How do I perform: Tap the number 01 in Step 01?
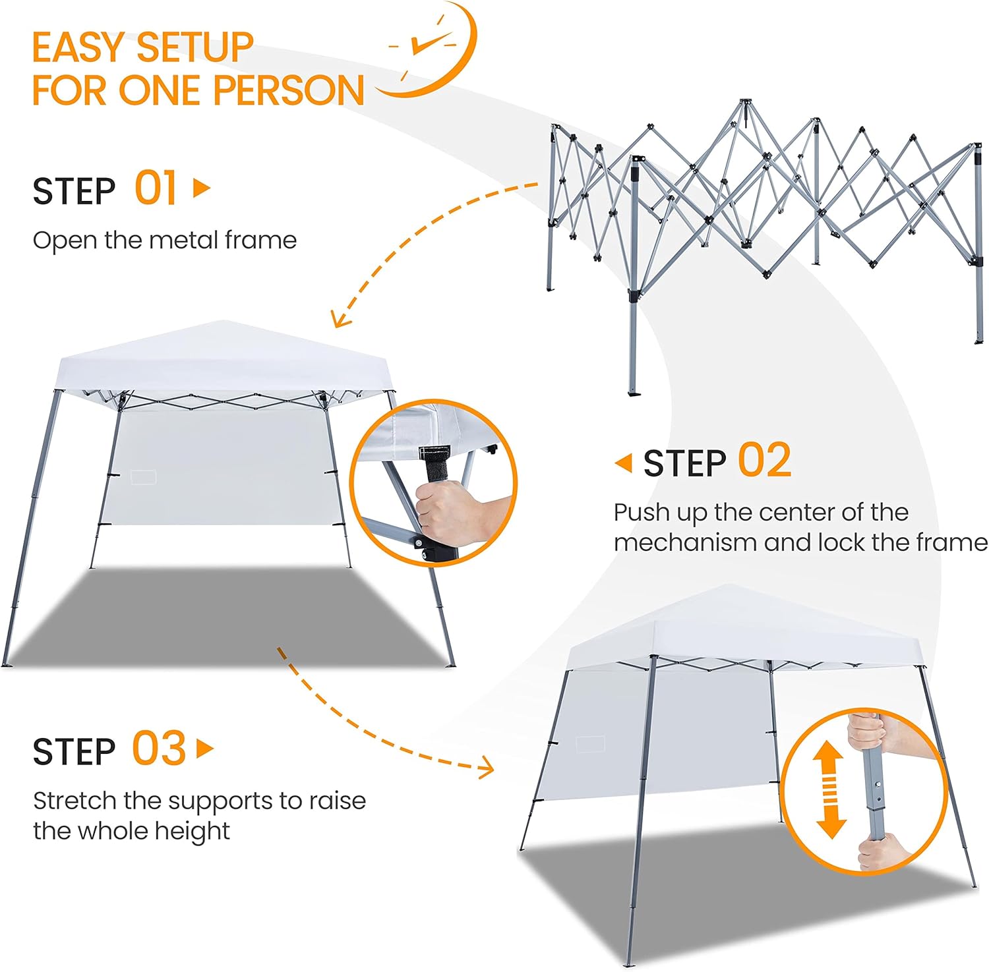[x=156, y=188]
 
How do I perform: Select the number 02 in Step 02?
[x=764, y=460]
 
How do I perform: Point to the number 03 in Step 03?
[x=159, y=749]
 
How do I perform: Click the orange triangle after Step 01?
[x=202, y=188]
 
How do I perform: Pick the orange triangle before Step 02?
[x=623, y=463]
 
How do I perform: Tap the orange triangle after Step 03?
[x=206, y=749]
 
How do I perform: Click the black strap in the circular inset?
[x=436, y=464]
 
